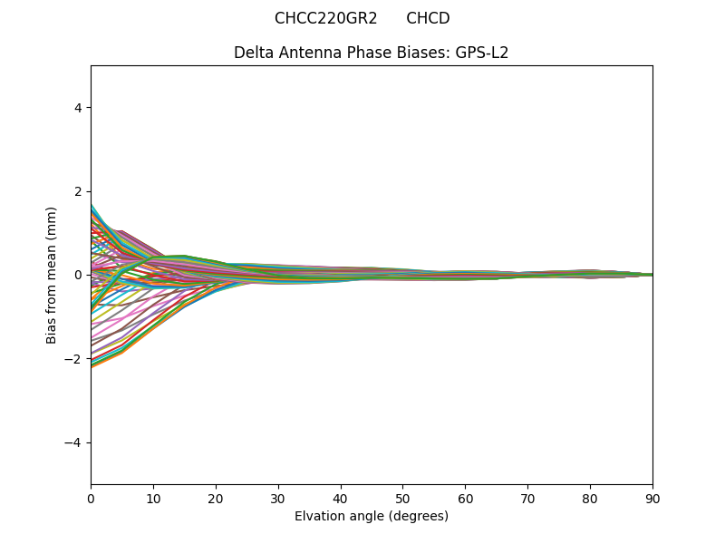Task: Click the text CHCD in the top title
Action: tap(428, 18)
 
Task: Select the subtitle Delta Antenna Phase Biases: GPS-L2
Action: tap(371, 53)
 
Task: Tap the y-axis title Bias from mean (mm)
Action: tap(53, 275)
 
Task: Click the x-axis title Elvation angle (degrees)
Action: tap(371, 516)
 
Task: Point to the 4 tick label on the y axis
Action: tap(78, 107)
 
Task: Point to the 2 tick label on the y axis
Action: tap(78, 191)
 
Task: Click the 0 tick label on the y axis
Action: tap(78, 275)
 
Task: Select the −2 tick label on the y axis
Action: tap(74, 359)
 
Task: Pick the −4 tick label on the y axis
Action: tap(74, 442)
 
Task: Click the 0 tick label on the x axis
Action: tap(91, 498)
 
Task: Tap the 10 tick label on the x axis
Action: tap(153, 498)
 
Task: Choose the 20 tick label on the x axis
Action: tap(216, 498)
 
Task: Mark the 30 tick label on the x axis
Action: tap(278, 498)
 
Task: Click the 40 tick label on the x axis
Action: tap(341, 498)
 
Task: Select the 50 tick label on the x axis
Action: tap(402, 498)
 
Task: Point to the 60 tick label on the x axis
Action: tap(465, 498)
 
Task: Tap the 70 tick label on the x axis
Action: tap(527, 498)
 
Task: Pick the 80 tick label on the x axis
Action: tap(590, 498)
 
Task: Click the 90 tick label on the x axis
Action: tap(652, 498)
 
